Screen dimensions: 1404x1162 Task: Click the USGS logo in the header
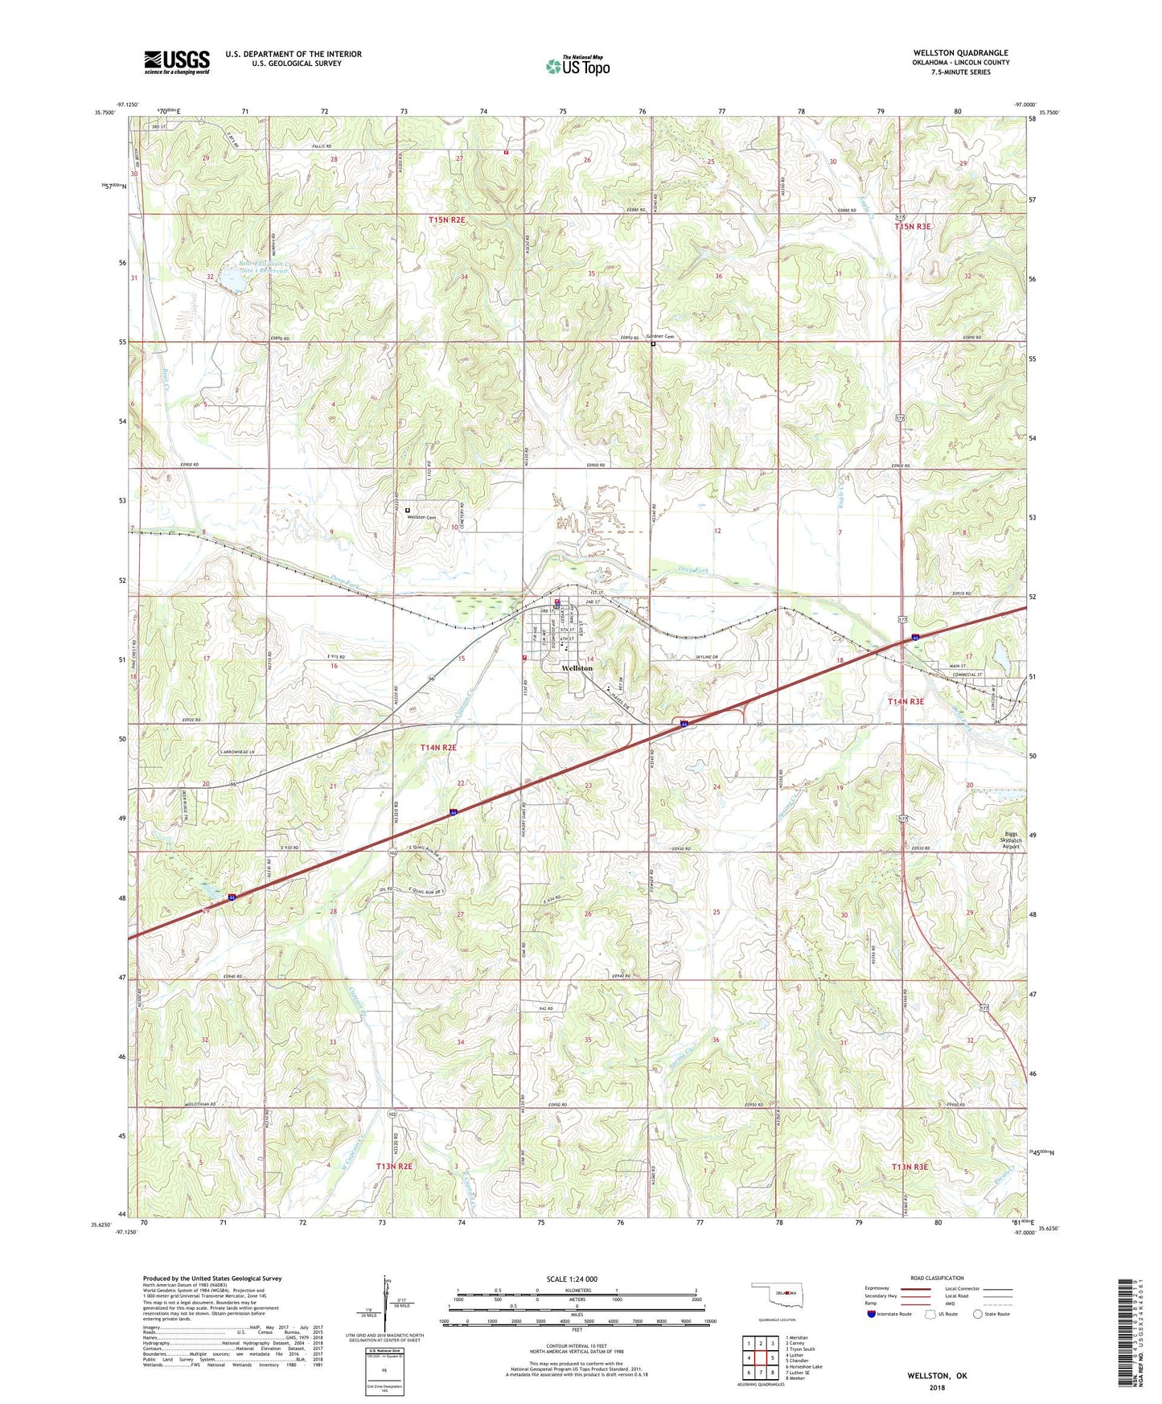(176, 62)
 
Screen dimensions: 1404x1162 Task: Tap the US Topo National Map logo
(577, 66)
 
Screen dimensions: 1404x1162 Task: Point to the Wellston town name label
(577, 668)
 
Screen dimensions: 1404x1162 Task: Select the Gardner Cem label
(659, 337)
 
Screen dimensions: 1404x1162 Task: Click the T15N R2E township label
(446, 219)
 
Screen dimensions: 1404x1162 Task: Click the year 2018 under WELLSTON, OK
(937, 1387)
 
